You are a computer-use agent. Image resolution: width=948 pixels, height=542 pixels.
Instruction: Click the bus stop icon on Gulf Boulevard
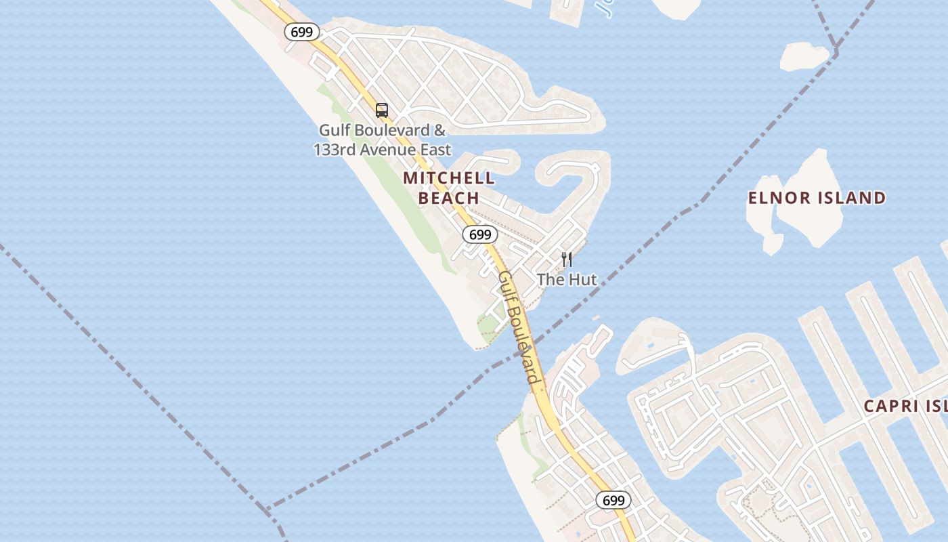tap(382, 110)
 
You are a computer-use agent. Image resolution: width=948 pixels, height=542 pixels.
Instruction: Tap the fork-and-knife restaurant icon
tap(567, 259)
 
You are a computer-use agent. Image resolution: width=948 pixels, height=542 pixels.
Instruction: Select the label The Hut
tap(567, 279)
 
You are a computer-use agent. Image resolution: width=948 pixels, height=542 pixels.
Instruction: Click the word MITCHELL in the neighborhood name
tap(449, 178)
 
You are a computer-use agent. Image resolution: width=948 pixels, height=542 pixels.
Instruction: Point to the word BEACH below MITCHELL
tap(449, 198)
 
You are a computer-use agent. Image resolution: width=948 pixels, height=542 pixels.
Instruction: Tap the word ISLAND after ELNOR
tap(850, 198)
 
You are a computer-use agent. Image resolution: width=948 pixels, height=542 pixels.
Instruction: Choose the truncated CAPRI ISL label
tap(905, 406)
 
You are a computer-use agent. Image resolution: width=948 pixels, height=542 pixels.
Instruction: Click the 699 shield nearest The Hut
tap(480, 234)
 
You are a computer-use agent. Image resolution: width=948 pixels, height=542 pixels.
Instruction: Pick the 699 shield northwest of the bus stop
tap(301, 31)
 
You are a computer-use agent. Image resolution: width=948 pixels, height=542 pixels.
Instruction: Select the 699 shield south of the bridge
tap(613, 500)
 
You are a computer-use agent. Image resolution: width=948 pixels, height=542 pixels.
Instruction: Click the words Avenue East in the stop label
tap(410, 149)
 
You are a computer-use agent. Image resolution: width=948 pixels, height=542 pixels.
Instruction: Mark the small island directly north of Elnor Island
tap(804, 56)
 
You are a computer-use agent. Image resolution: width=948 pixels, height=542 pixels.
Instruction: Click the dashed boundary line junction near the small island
tap(836, 50)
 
